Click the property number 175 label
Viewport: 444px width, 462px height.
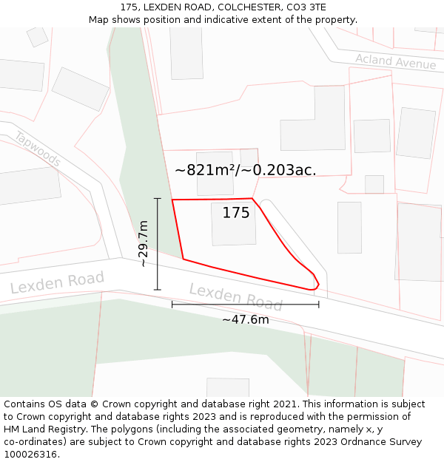click(236, 213)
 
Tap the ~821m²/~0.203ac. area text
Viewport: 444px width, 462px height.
click(245, 170)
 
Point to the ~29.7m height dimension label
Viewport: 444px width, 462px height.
click(144, 244)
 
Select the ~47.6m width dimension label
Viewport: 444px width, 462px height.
click(246, 319)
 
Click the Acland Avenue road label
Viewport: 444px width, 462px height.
click(395, 61)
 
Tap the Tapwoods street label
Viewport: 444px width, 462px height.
click(37, 148)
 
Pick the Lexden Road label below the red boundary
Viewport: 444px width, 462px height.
click(235, 296)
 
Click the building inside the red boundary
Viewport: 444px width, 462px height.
click(234, 224)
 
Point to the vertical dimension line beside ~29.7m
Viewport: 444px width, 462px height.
click(158, 244)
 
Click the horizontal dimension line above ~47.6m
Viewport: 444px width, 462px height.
click(246, 304)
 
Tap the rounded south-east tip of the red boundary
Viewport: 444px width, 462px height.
click(317, 285)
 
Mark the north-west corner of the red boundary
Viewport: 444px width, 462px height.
click(172, 200)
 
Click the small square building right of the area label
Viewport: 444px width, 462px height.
click(374, 184)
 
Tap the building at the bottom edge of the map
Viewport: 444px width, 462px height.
click(228, 387)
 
